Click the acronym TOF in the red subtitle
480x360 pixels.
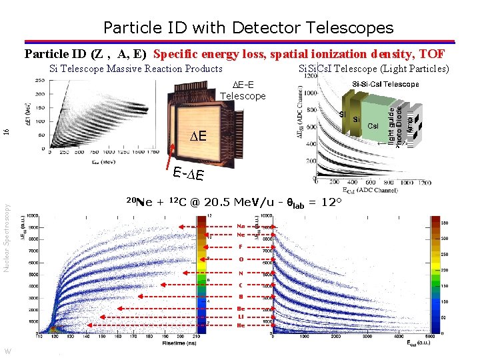tap(433, 54)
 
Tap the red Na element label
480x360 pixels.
tap(241, 225)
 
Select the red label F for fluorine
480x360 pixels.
tap(241, 247)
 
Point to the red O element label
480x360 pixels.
tap(241, 259)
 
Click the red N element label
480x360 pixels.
tap(241, 273)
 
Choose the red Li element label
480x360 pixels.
tap(241, 317)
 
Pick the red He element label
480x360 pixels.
tap(241, 325)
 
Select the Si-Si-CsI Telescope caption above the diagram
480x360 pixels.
tap(385, 84)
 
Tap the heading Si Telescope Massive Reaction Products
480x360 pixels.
tap(136, 69)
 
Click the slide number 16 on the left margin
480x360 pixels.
tap(7, 133)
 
